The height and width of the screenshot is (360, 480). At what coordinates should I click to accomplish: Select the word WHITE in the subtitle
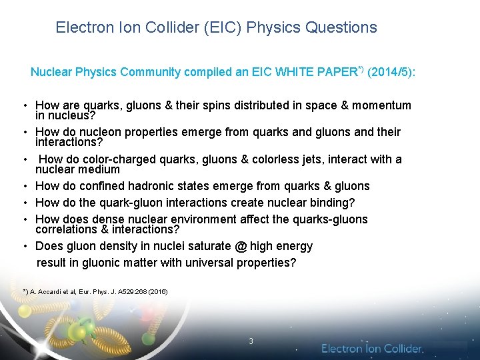pyautogui.click(x=310, y=71)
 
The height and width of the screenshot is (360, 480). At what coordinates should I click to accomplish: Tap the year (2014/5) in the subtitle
pyautogui.click(x=391, y=71)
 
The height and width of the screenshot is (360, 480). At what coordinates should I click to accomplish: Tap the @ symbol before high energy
pyautogui.click(x=240, y=246)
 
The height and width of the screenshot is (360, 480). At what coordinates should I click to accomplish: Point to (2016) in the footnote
pyautogui.click(x=157, y=291)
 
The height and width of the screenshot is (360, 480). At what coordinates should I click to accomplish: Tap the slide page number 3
pyautogui.click(x=251, y=341)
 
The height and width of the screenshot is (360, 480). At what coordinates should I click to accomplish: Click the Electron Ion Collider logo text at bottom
pyautogui.click(x=372, y=348)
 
